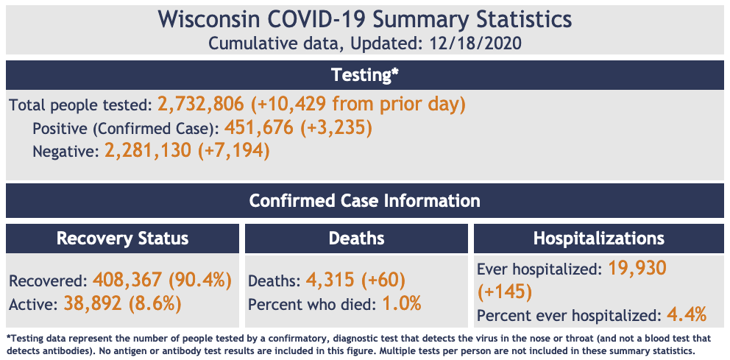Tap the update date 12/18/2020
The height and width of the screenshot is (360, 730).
click(x=474, y=43)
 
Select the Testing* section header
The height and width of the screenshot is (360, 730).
click(x=365, y=74)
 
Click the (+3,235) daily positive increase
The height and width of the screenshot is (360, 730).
click(x=335, y=127)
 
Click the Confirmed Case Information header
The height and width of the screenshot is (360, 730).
click(x=365, y=200)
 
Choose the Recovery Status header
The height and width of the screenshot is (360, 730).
click(x=123, y=239)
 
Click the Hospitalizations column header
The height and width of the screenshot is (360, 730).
click(x=598, y=239)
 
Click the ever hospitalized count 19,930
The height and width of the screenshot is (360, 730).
click(x=637, y=269)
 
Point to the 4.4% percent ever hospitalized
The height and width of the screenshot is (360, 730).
click(x=687, y=316)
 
